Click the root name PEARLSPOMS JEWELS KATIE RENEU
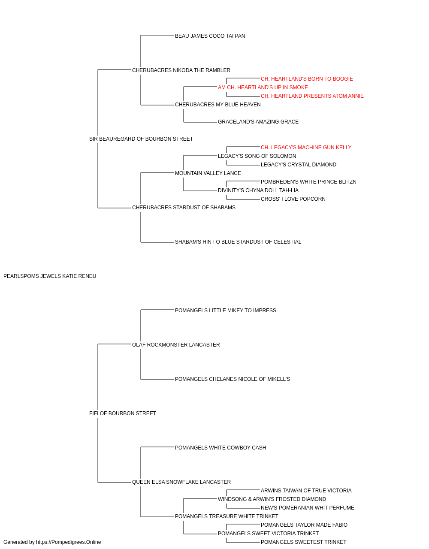(50, 276)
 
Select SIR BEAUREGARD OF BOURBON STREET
(141, 139)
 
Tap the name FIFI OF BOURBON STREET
(123, 413)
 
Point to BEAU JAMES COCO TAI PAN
(210, 36)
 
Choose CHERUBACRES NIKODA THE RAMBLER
(181, 70)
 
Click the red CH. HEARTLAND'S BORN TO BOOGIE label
(307, 79)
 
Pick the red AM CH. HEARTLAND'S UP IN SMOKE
(263, 87)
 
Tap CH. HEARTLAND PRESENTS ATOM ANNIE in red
(312, 96)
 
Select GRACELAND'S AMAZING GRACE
(258, 122)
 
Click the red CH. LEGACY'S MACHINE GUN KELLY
(306, 148)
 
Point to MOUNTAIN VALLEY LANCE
(208, 173)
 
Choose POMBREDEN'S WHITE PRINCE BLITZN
(308, 182)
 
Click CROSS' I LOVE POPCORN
(293, 199)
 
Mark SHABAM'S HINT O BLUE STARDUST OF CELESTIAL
(238, 242)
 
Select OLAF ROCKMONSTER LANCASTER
(176, 345)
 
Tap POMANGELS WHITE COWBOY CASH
(221, 448)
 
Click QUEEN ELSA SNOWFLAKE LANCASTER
(181, 482)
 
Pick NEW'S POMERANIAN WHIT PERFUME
(308, 508)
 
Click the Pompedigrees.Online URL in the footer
(69, 542)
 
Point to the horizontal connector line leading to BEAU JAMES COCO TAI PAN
(157, 35)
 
